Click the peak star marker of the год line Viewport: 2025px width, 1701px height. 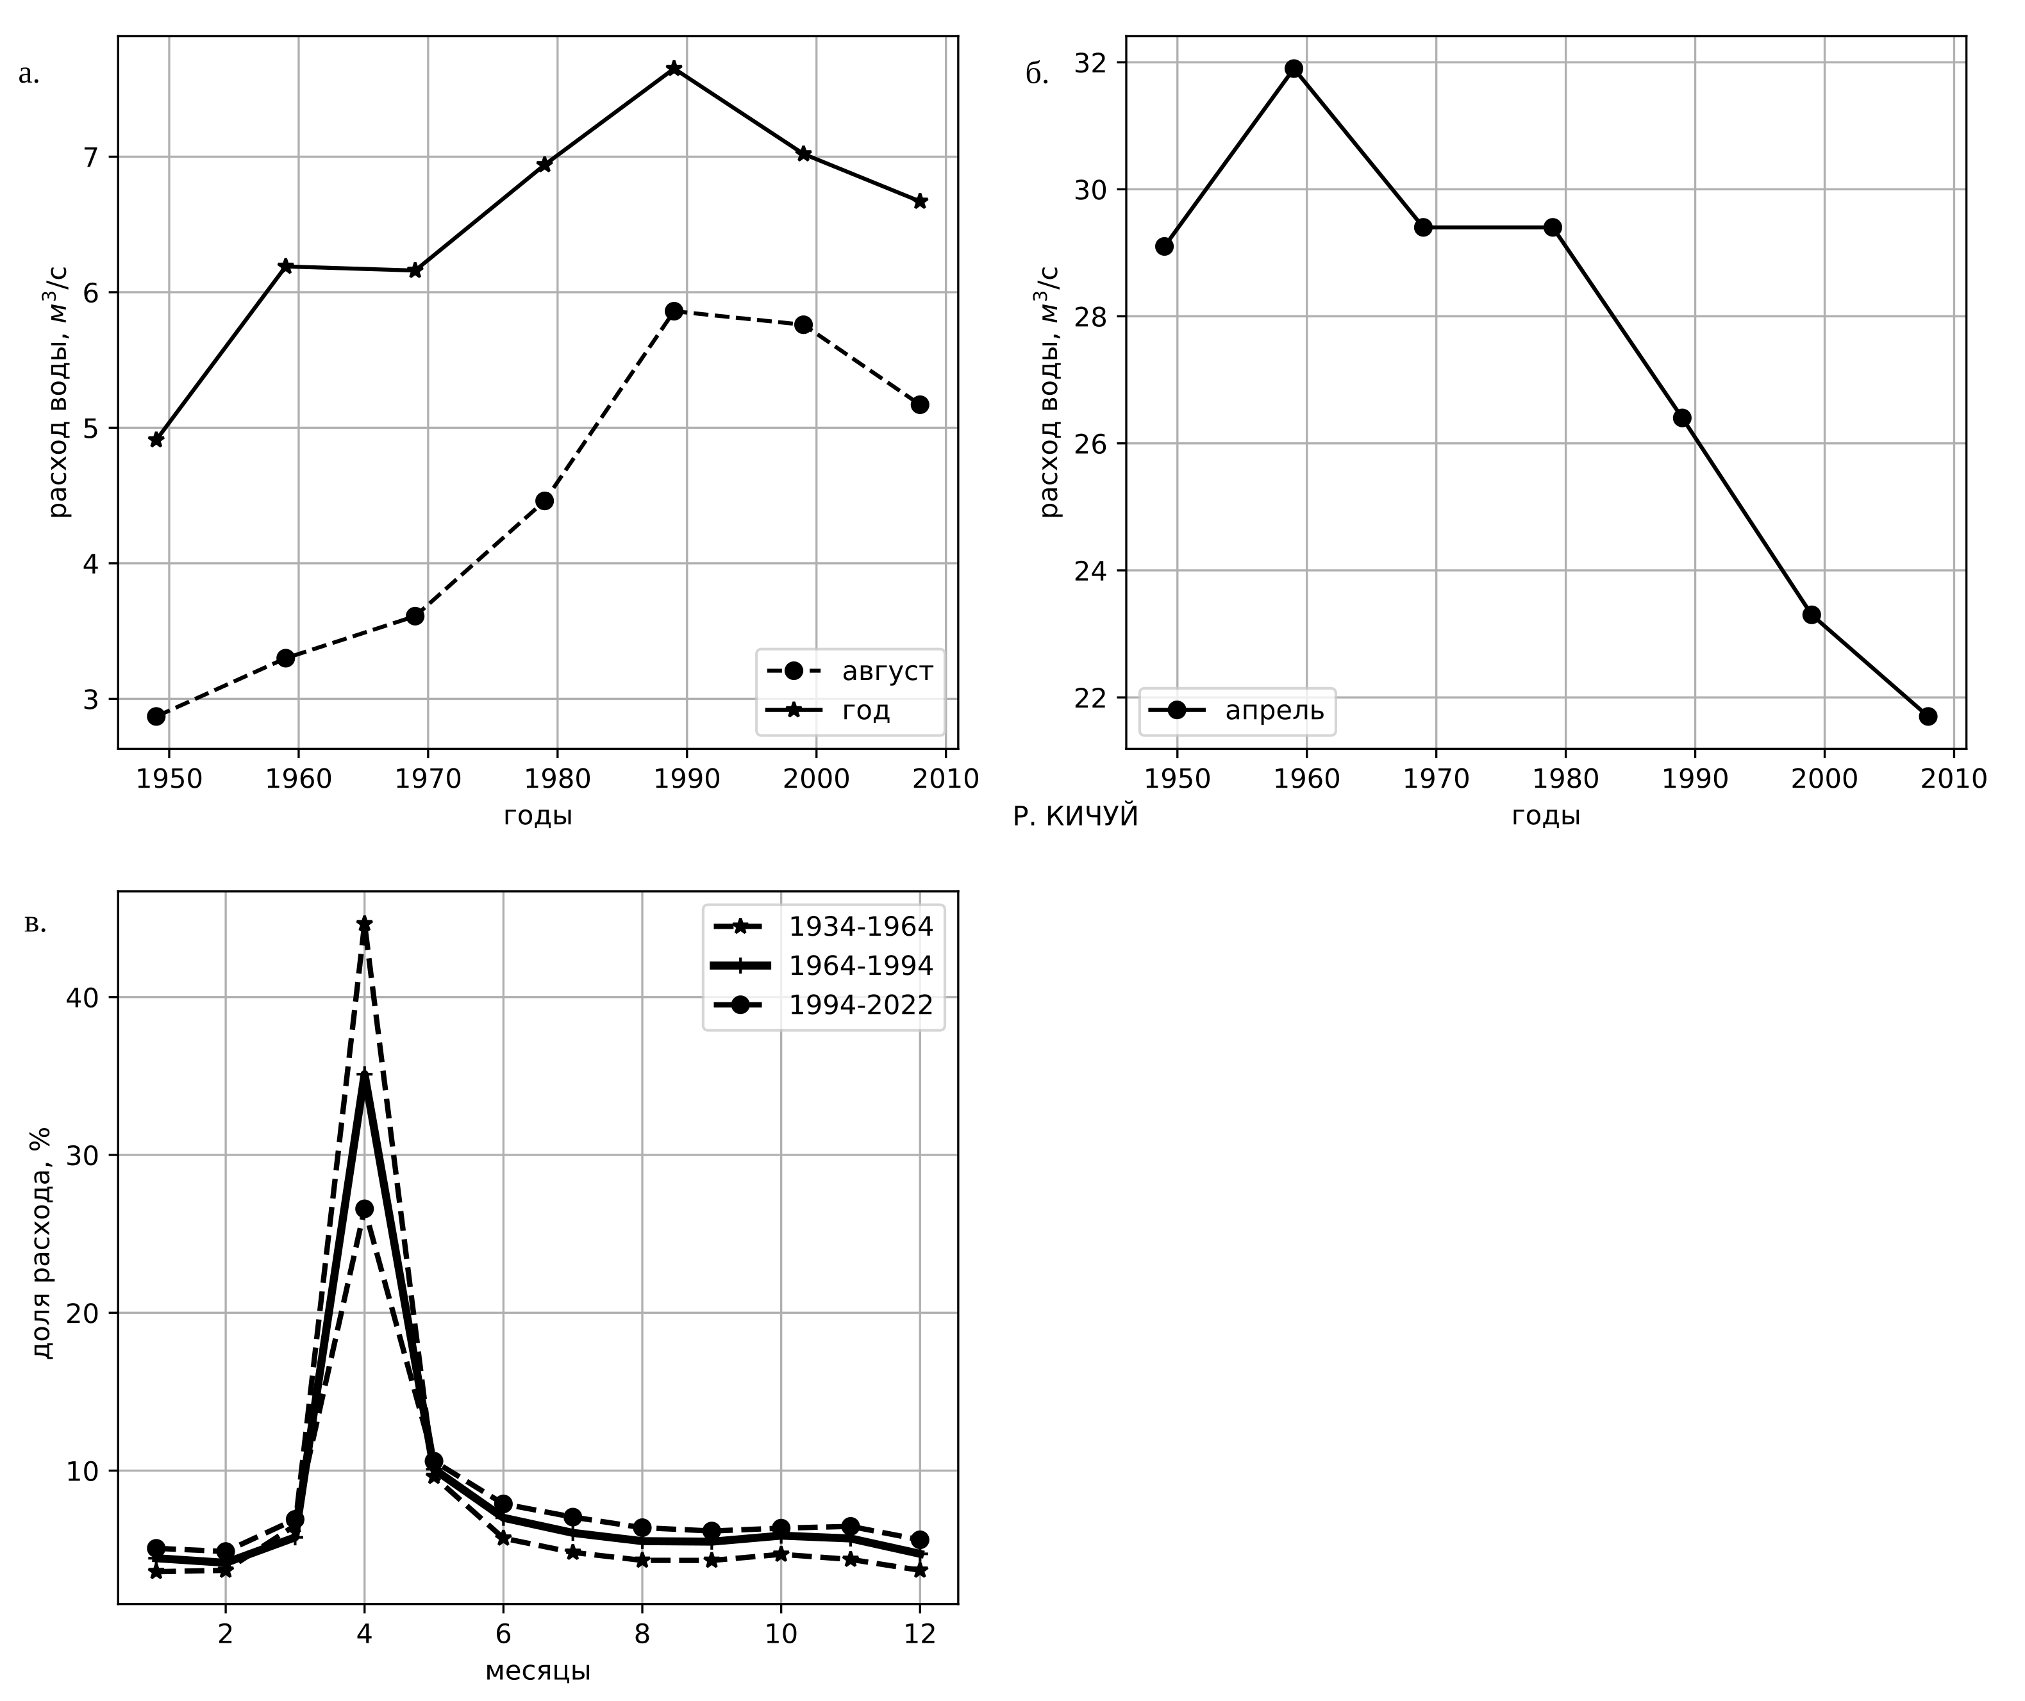pyautogui.click(x=674, y=69)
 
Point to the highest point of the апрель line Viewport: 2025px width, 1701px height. pyautogui.click(x=1294, y=69)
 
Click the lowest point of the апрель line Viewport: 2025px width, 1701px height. pyautogui.click(x=1928, y=715)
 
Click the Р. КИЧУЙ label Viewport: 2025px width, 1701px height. pyautogui.click(x=1075, y=817)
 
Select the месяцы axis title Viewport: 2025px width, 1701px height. pyautogui.click(x=537, y=1670)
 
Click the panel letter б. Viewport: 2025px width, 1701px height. pyautogui.click(x=1037, y=75)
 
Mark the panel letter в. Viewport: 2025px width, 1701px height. pyautogui.click(x=34, y=924)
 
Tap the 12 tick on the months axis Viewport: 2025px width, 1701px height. pyautogui.click(x=919, y=1634)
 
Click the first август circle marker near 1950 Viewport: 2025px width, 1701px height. pyautogui.click(x=156, y=715)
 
